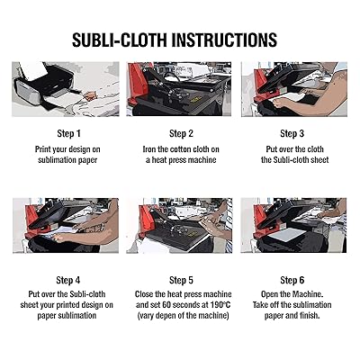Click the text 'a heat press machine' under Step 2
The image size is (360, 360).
(x=181, y=160)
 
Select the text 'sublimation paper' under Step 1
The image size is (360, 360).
(x=64, y=160)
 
